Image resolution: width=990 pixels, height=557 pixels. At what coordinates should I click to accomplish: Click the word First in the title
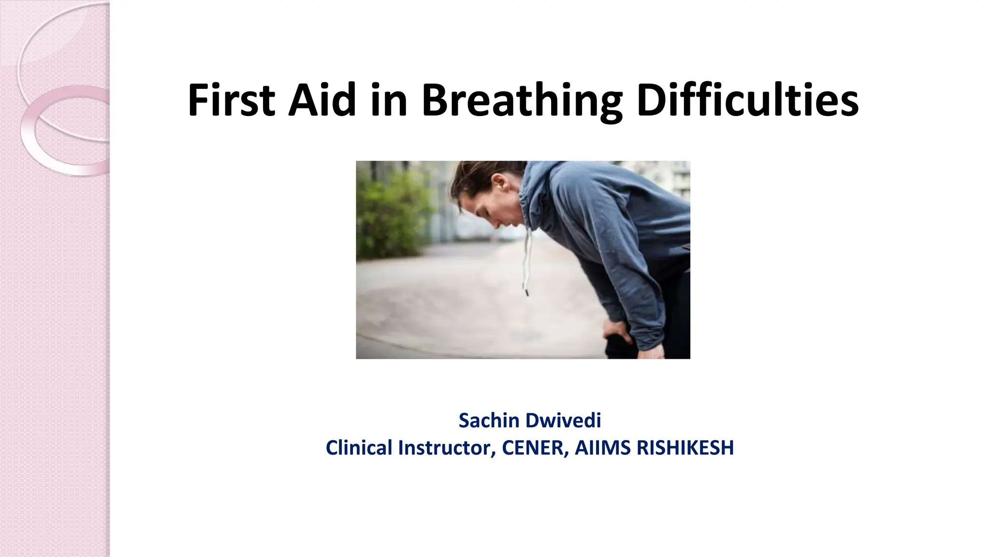coord(231,101)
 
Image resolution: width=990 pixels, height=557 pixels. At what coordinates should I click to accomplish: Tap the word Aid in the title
coord(322,101)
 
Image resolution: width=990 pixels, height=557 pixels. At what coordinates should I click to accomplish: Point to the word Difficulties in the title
coord(747,101)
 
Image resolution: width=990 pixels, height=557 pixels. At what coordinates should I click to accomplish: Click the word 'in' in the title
coord(389,101)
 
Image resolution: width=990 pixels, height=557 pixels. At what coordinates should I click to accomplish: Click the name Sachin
coord(487,421)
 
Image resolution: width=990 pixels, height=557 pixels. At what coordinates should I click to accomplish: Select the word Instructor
coord(447,448)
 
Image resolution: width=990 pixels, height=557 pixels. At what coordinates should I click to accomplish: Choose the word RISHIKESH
coord(685,448)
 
